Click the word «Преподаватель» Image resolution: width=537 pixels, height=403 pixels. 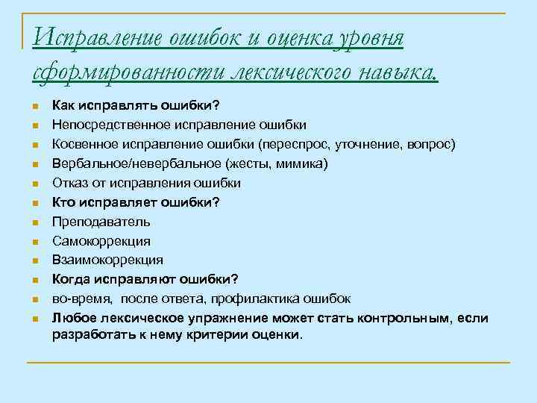tap(101, 222)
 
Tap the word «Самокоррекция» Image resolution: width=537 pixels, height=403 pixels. tap(101, 241)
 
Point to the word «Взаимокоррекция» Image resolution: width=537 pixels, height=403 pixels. tap(107, 260)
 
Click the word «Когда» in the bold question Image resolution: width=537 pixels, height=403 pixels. tap(72, 279)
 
